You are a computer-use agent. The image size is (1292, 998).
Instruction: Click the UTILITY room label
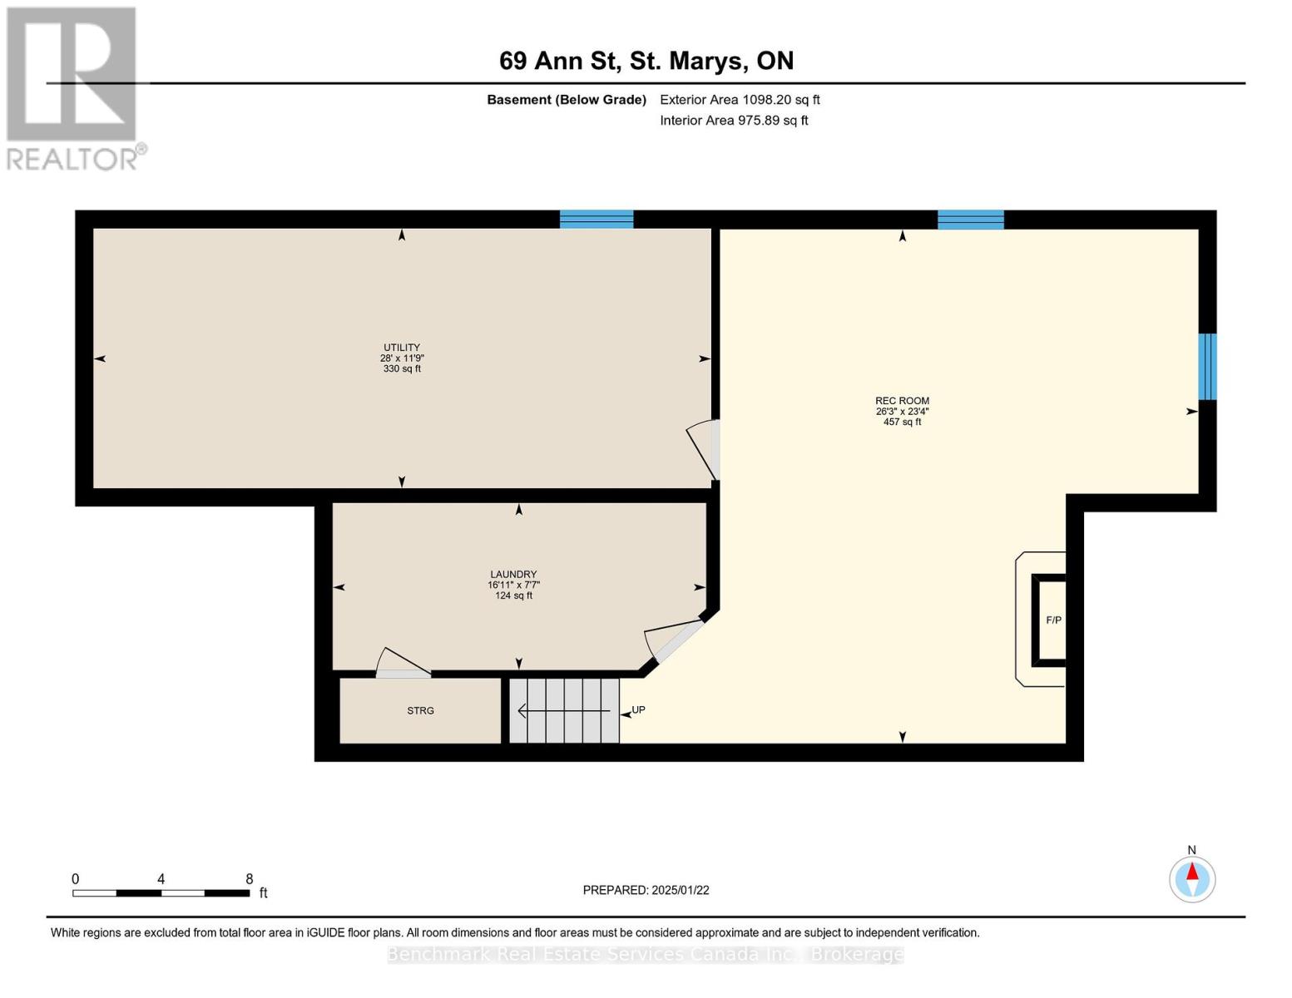point(402,347)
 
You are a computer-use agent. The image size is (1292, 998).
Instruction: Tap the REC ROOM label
point(902,401)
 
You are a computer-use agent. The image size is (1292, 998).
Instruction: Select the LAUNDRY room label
point(513,574)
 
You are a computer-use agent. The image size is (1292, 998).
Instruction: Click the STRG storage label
point(420,710)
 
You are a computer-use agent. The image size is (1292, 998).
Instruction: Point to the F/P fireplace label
point(1053,620)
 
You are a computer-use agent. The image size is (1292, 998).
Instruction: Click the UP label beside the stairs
point(639,709)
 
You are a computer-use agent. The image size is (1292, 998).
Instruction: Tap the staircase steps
point(564,710)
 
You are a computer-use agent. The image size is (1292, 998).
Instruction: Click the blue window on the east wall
point(1207,367)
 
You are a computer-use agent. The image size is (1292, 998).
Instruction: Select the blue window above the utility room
point(596,220)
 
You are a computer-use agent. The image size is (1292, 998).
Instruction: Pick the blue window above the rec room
point(970,220)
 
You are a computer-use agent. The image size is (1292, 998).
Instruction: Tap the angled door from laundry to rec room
point(675,640)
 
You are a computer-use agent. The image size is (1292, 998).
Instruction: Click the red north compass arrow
point(1191,871)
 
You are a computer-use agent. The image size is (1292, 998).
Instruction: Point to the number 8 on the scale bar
point(249,878)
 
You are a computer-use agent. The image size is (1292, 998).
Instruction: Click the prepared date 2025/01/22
point(681,890)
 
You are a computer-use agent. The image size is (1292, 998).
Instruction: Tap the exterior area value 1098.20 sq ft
point(780,100)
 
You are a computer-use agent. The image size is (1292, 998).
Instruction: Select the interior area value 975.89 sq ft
point(773,121)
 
